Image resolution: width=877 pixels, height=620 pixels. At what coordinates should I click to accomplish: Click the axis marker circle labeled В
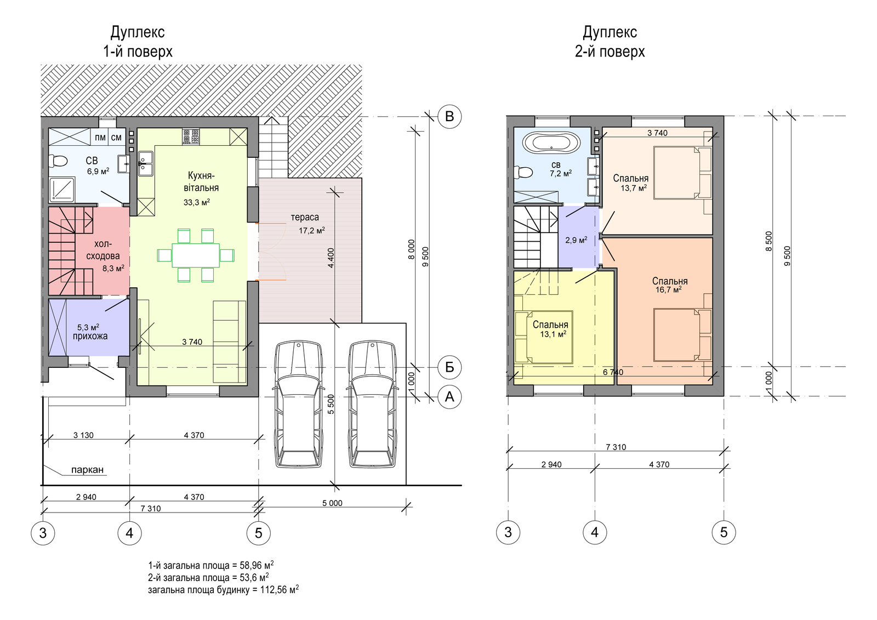pos(449,117)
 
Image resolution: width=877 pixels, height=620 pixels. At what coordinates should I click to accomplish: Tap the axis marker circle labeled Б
pos(449,367)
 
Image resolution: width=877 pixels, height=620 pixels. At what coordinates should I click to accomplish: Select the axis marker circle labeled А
pos(449,397)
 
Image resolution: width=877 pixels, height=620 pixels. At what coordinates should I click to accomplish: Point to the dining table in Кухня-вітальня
pos(196,255)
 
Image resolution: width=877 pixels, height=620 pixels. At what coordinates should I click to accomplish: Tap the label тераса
pos(305,218)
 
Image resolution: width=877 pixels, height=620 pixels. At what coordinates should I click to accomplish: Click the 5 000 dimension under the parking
pos(332,503)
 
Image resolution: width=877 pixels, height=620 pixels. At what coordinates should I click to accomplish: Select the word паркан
pos(87,470)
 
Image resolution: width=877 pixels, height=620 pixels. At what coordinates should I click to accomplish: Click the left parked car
pos(299,404)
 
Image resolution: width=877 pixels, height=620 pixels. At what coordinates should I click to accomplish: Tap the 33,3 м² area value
pos(197,202)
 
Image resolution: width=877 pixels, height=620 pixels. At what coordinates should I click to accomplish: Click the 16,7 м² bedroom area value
pos(669,290)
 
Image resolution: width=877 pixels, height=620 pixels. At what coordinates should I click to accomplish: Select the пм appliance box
pos(100,137)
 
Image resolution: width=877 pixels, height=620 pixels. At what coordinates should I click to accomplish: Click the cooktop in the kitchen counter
pos(191,137)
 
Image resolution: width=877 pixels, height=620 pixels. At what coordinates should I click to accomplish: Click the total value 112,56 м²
pos(280,589)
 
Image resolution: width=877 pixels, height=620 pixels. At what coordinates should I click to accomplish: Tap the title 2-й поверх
pos(610,52)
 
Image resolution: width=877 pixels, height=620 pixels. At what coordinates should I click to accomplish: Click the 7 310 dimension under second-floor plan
pos(616,447)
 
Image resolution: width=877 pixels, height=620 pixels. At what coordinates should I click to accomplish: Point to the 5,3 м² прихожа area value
pos(88,327)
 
